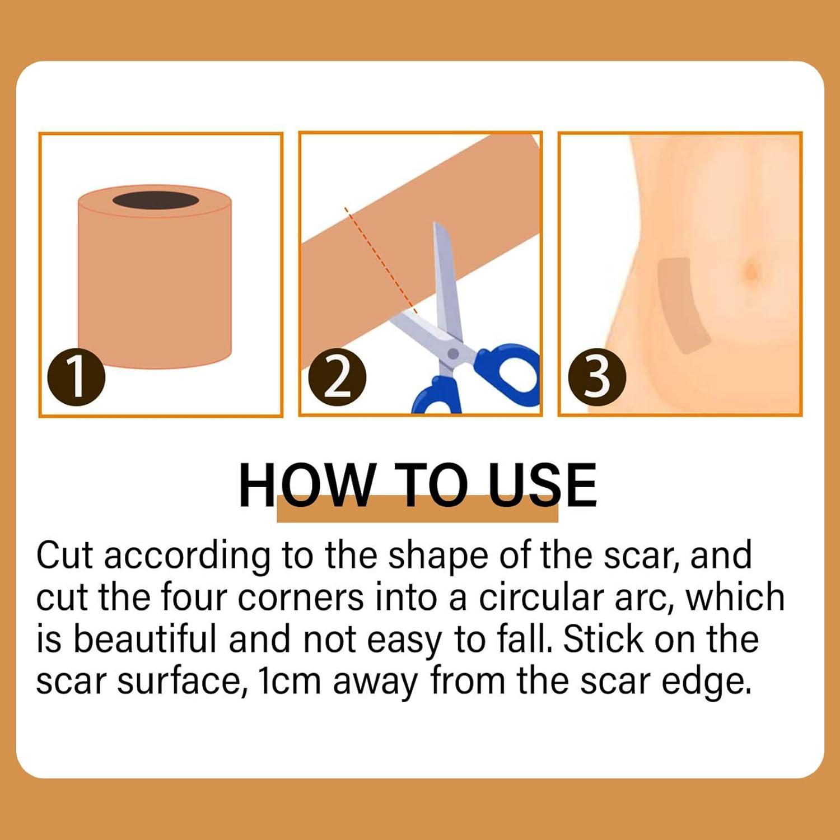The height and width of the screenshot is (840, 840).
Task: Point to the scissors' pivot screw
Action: [x=453, y=354]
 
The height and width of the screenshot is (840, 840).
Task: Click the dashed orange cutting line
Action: [x=381, y=260]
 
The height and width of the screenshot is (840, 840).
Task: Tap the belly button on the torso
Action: [x=751, y=271]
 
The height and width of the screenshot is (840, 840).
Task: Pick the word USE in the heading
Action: [x=542, y=486]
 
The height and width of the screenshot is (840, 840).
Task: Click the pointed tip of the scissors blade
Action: [x=436, y=225]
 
